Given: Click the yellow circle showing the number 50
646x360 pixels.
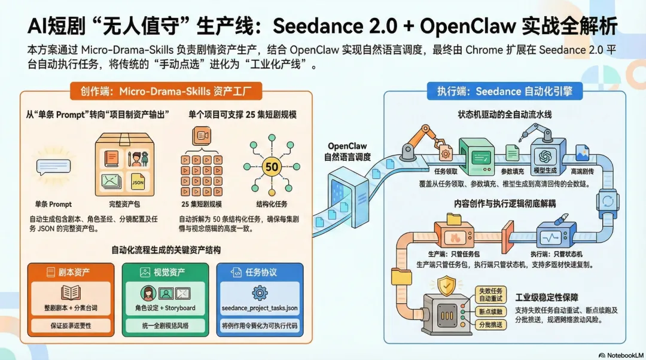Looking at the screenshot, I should pos(272,167).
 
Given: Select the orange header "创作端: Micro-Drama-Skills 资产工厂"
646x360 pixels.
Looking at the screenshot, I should pos(163,91).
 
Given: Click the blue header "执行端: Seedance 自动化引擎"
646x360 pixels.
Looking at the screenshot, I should pos(499,91).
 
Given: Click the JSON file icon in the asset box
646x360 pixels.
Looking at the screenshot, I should pos(138,180).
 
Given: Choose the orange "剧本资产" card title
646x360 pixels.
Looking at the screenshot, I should pos(70,273).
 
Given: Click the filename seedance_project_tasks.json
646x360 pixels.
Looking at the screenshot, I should pos(259,309).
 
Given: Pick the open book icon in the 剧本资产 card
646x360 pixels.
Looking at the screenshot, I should pos(71,293).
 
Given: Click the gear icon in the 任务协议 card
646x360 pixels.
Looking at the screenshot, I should pos(259,293).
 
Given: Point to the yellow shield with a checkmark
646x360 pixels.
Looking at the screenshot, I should pos(446,286).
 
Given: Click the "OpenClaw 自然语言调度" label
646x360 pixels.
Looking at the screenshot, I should pos(348,151).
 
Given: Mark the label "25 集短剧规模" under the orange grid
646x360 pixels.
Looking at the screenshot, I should pos(202,204).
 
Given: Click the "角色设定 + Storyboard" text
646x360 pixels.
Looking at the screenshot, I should pos(165,309).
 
